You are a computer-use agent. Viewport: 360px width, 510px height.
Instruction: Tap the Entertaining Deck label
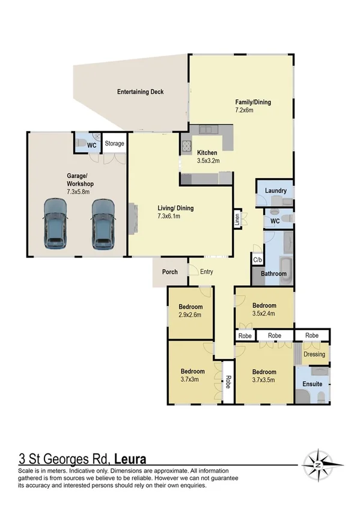coord(140,92)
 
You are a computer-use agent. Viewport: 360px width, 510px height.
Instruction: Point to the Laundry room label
coord(275,191)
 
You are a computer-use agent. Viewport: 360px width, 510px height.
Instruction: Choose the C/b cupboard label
coord(257,260)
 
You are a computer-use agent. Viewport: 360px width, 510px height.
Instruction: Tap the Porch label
coord(170,272)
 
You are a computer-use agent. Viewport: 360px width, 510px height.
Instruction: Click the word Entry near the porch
coord(206,272)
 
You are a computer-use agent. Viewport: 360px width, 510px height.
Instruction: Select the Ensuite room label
coord(312,384)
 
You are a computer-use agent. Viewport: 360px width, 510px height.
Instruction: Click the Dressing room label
coord(314,354)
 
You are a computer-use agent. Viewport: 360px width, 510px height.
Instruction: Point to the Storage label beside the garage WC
coord(114,144)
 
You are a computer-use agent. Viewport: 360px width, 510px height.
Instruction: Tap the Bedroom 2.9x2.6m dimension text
coord(189,315)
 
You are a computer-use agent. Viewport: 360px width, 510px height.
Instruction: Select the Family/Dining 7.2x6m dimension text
coord(252,111)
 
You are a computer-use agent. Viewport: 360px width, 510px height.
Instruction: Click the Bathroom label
coord(273,274)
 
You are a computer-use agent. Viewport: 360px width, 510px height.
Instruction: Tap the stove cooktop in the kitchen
coord(186,144)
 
